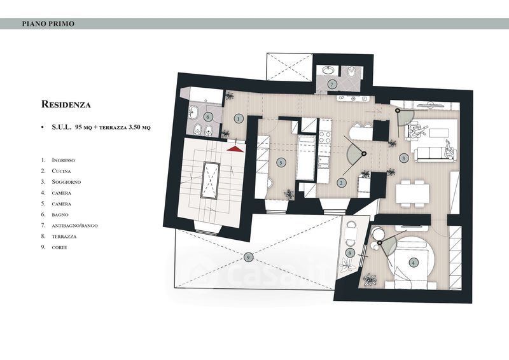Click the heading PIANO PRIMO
point(48,24)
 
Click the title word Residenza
point(66,104)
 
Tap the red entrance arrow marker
point(235,148)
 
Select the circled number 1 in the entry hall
point(239,119)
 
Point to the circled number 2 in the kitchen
point(341,183)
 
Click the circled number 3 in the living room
point(403,158)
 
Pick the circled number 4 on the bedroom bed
point(413,263)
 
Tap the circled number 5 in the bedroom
point(281,163)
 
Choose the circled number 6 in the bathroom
point(208,117)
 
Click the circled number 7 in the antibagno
point(331,85)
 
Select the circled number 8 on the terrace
point(349,253)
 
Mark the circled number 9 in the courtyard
point(248,258)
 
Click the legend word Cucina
point(61,171)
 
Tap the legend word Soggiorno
point(66,182)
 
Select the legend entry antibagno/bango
point(74,226)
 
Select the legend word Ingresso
point(63,160)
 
